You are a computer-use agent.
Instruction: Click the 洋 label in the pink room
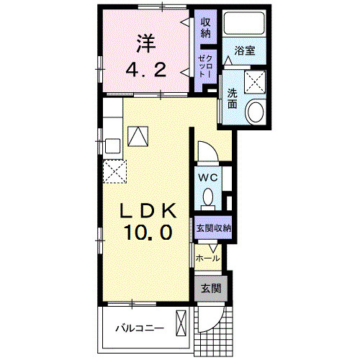point(146,44)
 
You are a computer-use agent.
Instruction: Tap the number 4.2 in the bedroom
point(146,70)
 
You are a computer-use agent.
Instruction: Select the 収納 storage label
point(206,27)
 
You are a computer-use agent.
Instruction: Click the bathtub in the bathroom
point(244,23)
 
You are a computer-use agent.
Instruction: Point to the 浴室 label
point(245,50)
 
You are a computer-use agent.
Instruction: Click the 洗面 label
point(232,99)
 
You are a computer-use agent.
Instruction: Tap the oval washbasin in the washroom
point(256,112)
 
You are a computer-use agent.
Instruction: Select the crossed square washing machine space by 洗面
point(255,82)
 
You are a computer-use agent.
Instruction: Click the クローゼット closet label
point(206,66)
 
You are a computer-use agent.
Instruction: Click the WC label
point(208,178)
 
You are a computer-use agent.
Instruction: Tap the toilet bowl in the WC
point(208,197)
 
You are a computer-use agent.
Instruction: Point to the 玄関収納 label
point(214,228)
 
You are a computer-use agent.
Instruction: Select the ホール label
point(208,258)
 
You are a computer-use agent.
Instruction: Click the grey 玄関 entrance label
point(211,289)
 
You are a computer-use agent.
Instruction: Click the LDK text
point(148,210)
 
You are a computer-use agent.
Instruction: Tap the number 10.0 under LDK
point(148,233)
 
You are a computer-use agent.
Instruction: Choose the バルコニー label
point(140,328)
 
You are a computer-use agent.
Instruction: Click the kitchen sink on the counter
point(113,145)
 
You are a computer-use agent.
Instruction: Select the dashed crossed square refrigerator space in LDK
point(114,171)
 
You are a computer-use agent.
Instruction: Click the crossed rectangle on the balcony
point(181,323)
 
